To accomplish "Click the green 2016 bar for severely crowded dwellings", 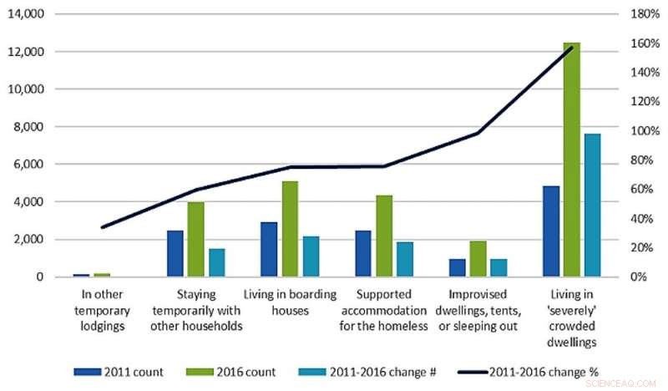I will coord(571,159).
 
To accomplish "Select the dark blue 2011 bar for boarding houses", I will coord(269,249).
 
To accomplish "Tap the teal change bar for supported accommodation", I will coord(404,259).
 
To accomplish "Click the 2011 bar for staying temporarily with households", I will coord(175,253).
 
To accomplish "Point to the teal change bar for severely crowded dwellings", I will coord(592,205).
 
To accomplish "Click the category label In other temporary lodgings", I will coord(104,310).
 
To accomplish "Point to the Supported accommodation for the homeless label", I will coord(384,310).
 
